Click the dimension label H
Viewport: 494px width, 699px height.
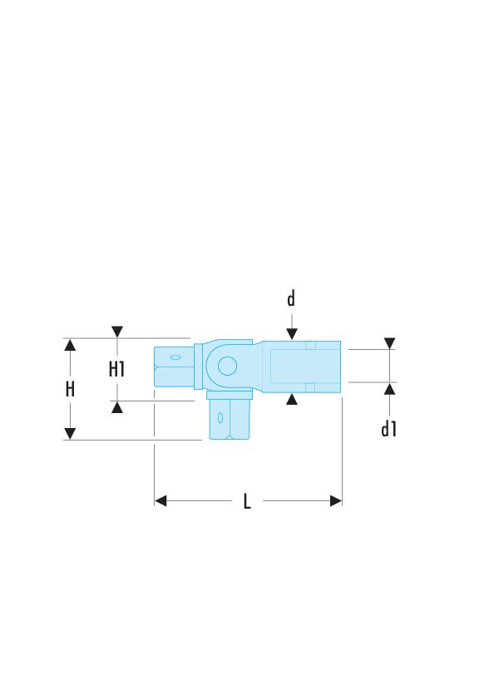tap(70, 389)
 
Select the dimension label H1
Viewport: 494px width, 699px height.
tap(117, 369)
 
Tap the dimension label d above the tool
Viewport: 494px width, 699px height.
tap(291, 298)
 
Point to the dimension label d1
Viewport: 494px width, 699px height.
tap(388, 429)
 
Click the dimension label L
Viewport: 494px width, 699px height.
tap(247, 501)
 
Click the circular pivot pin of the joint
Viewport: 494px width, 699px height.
tap(227, 366)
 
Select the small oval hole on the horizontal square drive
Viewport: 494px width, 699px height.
tap(175, 357)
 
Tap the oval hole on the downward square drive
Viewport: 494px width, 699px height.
tap(220, 418)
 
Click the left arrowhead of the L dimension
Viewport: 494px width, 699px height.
tap(161, 500)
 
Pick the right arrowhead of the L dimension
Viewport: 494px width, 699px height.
tap(336, 500)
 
